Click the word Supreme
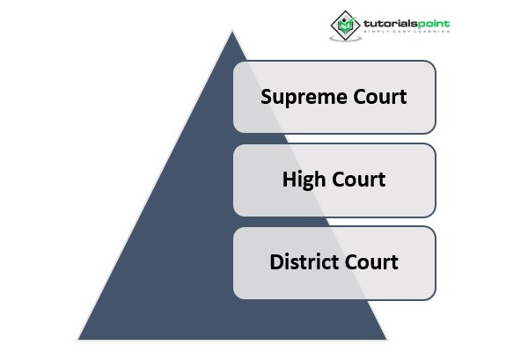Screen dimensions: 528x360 [x=304, y=98]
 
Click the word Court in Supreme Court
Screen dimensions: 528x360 [x=380, y=97]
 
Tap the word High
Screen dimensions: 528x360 [x=301, y=180]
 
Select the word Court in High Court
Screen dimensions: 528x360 [x=359, y=180]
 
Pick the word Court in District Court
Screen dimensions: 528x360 [x=371, y=262]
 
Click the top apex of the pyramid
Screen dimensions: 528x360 [x=232, y=32]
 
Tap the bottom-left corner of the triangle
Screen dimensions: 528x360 [x=78, y=340]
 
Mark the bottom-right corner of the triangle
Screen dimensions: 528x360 [x=386, y=340]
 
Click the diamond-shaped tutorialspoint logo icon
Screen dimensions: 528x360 [x=345, y=25]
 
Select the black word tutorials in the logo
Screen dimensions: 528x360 [x=391, y=24]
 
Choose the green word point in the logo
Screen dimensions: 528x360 [x=434, y=25]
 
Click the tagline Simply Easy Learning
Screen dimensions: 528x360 [x=407, y=32]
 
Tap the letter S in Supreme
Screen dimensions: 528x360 [x=266, y=97]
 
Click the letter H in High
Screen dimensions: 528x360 [x=289, y=180]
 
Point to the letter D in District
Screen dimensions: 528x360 [x=277, y=262]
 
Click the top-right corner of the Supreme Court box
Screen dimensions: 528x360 [x=436, y=62]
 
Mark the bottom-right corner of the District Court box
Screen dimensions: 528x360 [x=436, y=299]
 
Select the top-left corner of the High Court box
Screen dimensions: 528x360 [x=233, y=144]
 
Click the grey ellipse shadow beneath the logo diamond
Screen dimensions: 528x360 [x=346, y=39]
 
